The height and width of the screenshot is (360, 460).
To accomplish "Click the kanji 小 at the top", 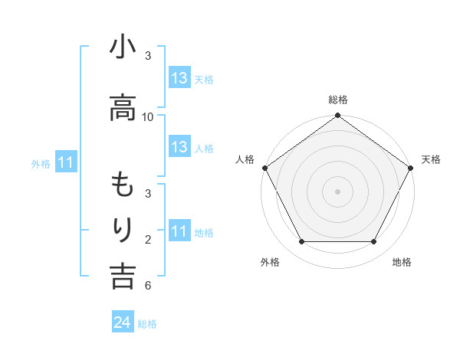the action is pos(122,49).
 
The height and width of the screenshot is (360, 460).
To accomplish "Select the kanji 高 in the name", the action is pos(122,109).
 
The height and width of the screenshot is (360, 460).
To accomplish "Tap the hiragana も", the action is pos(122,186).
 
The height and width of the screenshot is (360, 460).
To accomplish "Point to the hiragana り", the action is pos(122,231).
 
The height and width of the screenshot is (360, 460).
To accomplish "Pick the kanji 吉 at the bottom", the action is pos(122,277).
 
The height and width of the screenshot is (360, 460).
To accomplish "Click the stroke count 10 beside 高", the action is pos(148,116).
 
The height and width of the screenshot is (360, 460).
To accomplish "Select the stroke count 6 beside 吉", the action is pos(147,286).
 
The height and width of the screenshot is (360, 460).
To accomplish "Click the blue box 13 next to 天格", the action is pos(179,78).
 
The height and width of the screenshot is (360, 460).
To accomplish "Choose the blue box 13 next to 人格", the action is pos(179,147).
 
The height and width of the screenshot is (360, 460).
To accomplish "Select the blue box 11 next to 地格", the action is pos(179,231).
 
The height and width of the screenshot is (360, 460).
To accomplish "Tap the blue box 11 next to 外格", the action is pos(66,162).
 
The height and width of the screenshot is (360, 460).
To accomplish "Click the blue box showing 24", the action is pos(123,323).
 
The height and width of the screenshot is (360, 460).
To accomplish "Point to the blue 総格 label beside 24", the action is pos(147,324).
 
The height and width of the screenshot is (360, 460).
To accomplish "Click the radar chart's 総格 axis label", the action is pos(338,100).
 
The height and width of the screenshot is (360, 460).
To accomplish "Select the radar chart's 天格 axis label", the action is pos(431,159).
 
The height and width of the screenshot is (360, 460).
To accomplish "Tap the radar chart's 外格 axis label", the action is pos(270,262).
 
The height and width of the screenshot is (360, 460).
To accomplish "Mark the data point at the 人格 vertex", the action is pos(264,168).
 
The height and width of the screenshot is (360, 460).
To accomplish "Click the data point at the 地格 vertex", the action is pos(374,242).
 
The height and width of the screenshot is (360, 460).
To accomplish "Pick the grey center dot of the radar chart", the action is pos(337,191).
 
